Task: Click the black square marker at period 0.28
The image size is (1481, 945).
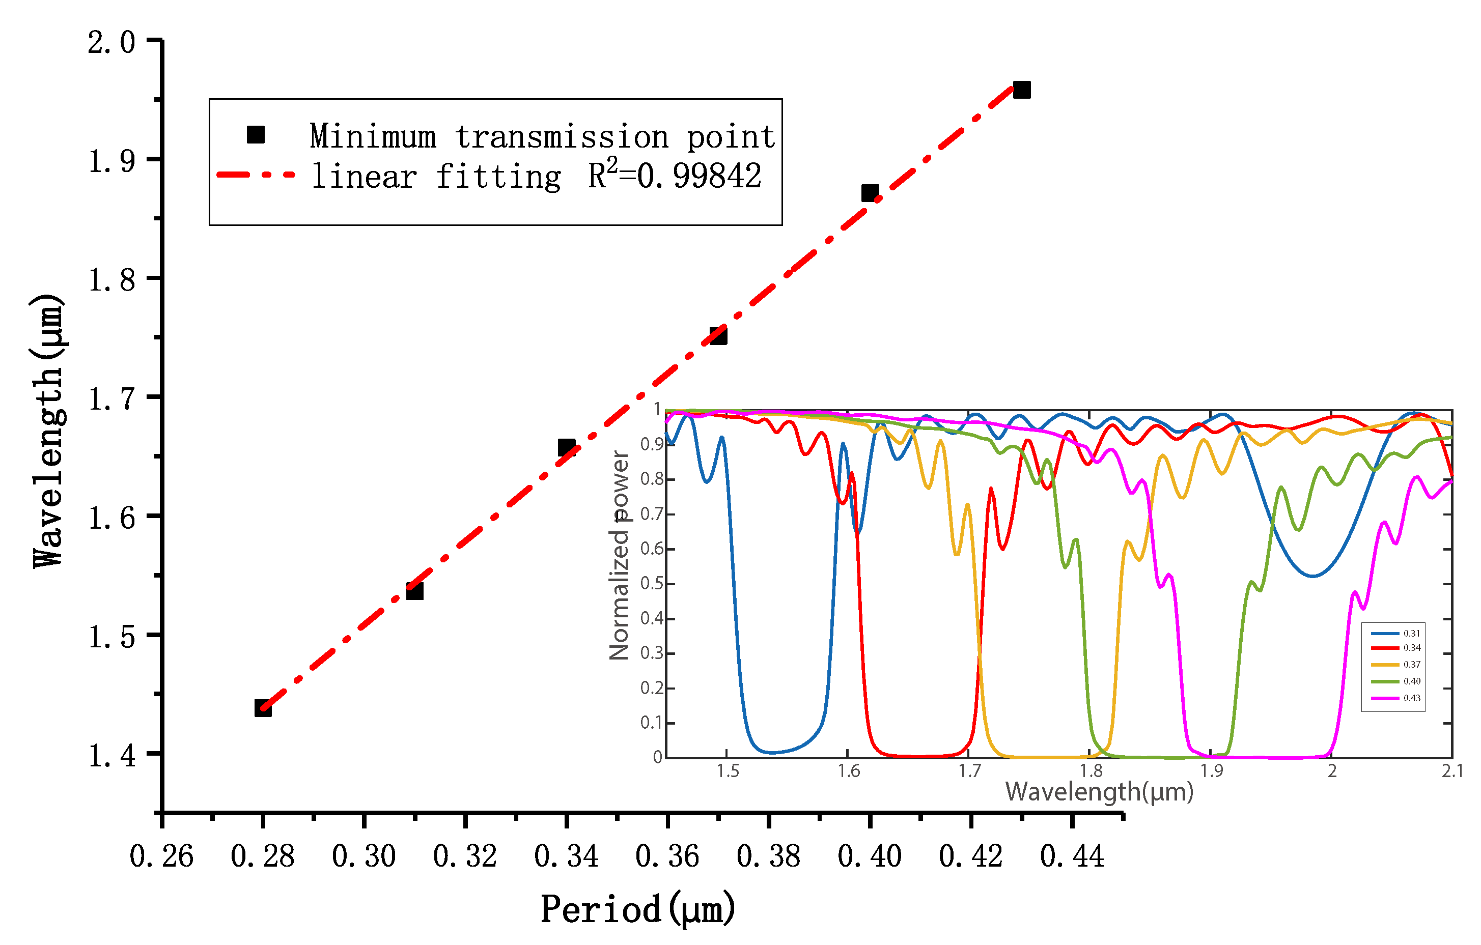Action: [263, 708]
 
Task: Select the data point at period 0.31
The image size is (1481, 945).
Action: [414, 591]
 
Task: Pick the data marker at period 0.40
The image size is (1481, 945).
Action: [870, 193]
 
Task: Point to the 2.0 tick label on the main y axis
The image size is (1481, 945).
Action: [111, 42]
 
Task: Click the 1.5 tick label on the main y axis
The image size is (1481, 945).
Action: [111, 637]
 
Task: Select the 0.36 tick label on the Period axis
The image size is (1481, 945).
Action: [667, 856]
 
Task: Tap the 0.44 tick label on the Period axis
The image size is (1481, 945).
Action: [1072, 856]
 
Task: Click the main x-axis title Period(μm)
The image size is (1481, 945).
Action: [638, 909]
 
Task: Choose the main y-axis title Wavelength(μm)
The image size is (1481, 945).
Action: [48, 431]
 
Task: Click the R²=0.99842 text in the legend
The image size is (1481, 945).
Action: [675, 176]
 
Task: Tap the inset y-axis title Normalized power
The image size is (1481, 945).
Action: [620, 555]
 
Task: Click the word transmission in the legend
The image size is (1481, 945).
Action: [562, 136]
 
